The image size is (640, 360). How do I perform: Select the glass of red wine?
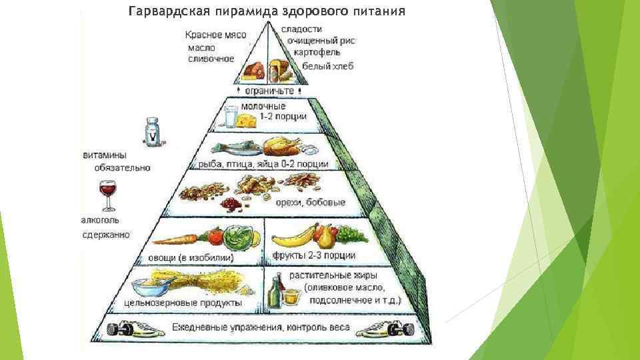[x=107, y=193]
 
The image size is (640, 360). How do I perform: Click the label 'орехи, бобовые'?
[x=315, y=203]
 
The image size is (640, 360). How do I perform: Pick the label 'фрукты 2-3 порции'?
[x=313, y=255]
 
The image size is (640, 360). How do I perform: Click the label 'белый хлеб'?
[x=327, y=66]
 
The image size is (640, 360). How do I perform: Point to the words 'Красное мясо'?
[x=216, y=35]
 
